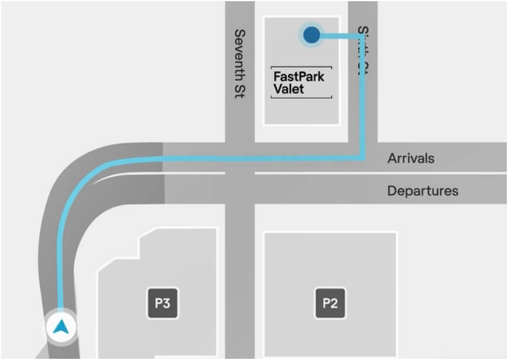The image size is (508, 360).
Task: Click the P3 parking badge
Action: click(x=162, y=303)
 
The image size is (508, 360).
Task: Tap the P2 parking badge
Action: click(x=330, y=303)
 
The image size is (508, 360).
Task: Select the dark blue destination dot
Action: click(x=312, y=35)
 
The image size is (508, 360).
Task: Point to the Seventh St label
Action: click(x=239, y=64)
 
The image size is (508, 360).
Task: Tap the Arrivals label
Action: click(x=411, y=158)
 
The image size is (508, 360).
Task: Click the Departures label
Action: click(x=423, y=191)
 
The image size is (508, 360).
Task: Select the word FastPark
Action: click(x=298, y=77)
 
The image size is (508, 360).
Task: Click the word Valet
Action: click(x=289, y=90)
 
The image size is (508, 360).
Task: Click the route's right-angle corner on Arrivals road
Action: click(x=363, y=157)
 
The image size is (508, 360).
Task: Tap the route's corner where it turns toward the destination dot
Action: click(x=363, y=36)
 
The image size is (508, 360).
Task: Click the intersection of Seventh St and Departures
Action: click(x=239, y=188)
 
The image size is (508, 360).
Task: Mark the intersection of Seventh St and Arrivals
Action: click(x=239, y=157)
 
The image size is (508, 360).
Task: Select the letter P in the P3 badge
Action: click(x=158, y=303)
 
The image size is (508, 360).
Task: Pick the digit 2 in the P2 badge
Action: click(x=334, y=303)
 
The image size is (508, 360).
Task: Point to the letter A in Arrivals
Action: click(x=392, y=158)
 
